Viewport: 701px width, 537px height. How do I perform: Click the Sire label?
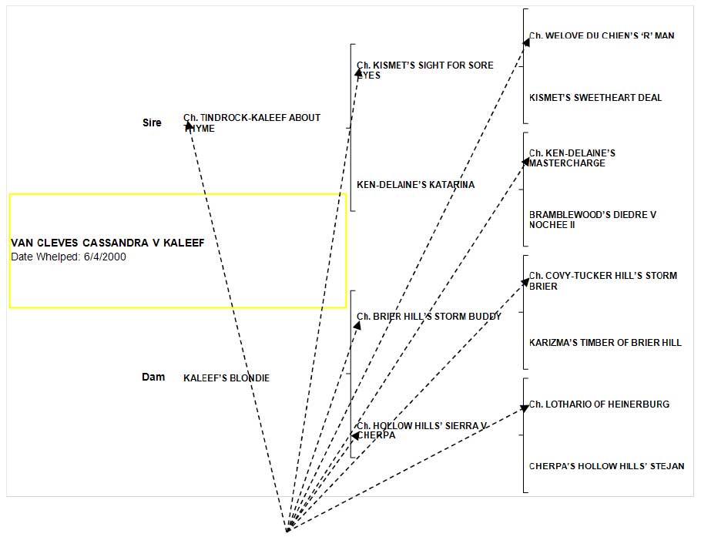click(152, 123)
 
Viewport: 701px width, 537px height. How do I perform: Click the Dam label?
click(153, 377)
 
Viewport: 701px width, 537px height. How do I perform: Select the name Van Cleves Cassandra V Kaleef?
click(108, 243)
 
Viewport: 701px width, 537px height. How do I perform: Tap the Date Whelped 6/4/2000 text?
click(69, 257)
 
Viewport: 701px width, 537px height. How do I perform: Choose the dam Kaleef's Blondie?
click(226, 378)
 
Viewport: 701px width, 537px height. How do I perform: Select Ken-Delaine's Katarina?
click(416, 185)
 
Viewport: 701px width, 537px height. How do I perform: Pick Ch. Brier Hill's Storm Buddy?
click(429, 316)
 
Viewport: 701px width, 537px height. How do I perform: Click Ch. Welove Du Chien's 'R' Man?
click(592, 36)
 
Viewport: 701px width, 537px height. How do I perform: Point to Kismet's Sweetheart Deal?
click(595, 98)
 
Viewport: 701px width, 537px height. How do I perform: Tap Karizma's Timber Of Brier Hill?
click(605, 343)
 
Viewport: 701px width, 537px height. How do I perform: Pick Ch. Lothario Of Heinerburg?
click(599, 404)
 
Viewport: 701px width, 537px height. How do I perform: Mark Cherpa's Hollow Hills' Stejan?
click(606, 466)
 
